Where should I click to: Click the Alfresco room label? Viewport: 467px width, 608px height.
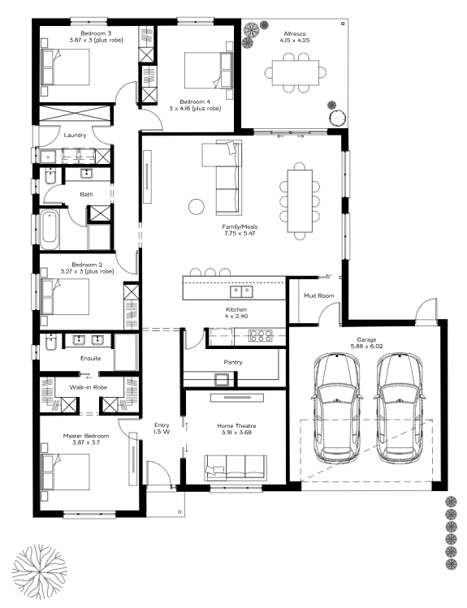click(294, 34)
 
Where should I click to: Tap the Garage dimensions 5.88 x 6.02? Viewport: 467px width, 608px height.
click(366, 347)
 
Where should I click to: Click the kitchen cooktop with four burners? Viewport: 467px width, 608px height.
click(261, 335)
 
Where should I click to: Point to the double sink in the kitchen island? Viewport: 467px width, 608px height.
click(241, 291)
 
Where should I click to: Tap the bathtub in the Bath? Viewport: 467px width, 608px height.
click(50, 230)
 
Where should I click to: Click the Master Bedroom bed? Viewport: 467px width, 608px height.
click(65, 472)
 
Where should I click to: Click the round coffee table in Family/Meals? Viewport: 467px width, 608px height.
click(197, 207)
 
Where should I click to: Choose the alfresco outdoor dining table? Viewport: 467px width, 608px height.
click(296, 73)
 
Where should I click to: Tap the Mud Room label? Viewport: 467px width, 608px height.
click(319, 295)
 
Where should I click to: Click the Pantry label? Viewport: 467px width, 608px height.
click(233, 362)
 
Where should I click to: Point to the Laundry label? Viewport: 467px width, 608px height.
click(75, 136)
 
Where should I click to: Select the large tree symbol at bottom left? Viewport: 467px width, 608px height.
click(39, 569)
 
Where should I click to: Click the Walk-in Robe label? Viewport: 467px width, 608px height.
click(88, 387)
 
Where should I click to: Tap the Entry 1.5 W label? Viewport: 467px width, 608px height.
click(162, 429)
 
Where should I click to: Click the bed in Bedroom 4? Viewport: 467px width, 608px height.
click(209, 70)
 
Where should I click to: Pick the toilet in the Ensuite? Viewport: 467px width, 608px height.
click(51, 342)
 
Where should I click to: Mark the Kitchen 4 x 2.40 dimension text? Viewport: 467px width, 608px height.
click(236, 317)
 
